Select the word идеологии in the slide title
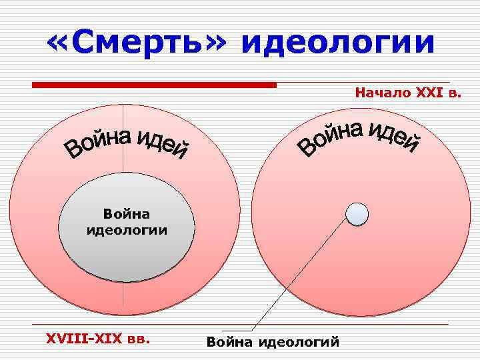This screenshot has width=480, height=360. click(338, 44)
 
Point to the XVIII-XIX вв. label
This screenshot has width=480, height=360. click(97, 339)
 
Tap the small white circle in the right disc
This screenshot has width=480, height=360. click(357, 213)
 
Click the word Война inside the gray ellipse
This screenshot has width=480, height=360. click(127, 214)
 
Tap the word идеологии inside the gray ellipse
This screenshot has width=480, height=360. click(127, 230)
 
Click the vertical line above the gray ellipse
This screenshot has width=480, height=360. click(123, 167)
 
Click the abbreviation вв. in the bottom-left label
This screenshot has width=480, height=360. click(137, 339)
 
